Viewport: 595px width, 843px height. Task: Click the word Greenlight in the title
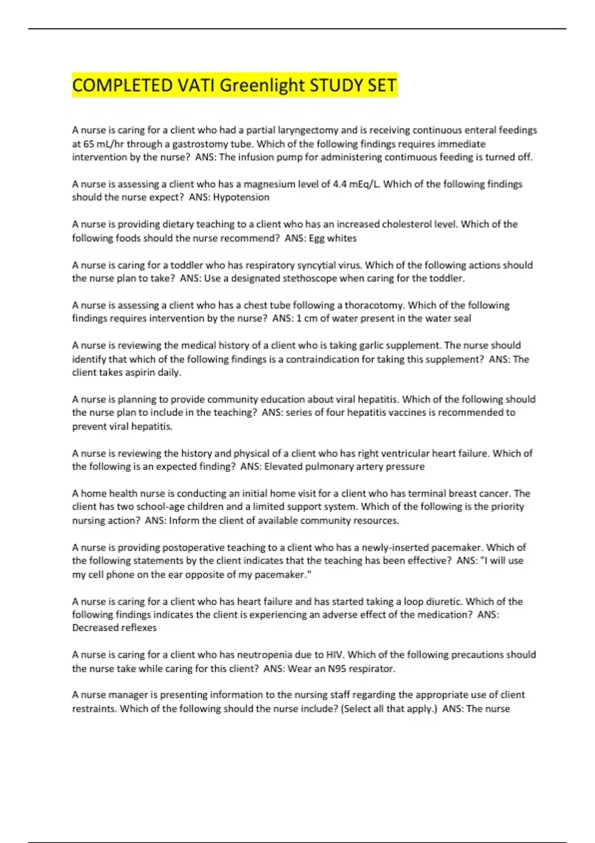click(262, 85)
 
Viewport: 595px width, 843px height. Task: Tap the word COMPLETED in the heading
click(122, 85)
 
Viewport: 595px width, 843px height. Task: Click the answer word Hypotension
click(241, 197)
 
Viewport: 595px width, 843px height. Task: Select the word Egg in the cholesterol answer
click(317, 239)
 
